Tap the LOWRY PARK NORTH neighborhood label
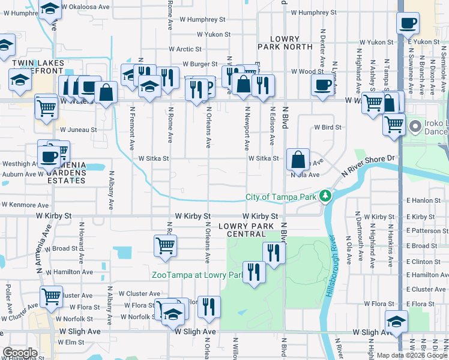pos(285,42)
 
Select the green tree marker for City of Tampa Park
pos(325,196)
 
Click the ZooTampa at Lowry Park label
pos(197,275)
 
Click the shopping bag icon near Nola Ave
pos(298,160)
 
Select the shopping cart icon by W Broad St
pos(165,245)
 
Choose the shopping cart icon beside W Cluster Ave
pos(52,296)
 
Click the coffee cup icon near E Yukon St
pos(408,23)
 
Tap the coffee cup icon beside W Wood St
pos(323,85)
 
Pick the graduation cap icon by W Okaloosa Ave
pos(50,8)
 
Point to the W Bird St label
pos(328,127)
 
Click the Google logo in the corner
pos(20,353)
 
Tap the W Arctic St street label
pos(188,49)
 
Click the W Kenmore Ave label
pos(26,205)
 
